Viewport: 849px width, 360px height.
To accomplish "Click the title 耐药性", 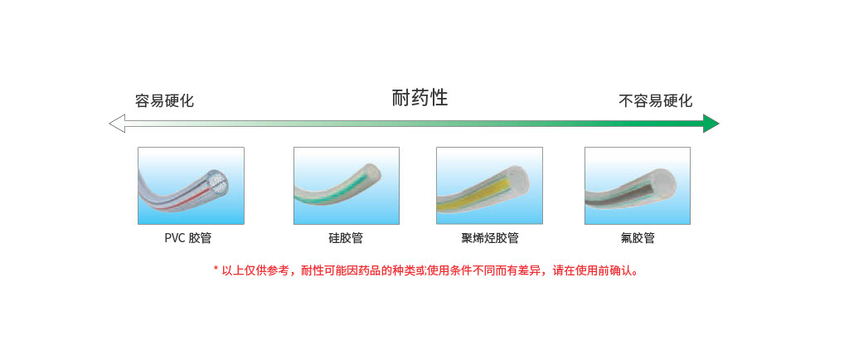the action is [x=420, y=99].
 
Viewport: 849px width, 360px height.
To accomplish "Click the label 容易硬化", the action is [x=165, y=101].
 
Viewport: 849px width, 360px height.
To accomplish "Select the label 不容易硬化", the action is [x=656, y=101].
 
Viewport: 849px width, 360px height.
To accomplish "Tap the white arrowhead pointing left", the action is [x=117, y=124].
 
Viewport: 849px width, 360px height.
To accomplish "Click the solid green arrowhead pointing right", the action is [x=711, y=124].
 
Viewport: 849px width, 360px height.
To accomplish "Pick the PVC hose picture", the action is [x=191, y=186].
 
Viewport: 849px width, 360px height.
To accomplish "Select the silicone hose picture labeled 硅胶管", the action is [x=347, y=186].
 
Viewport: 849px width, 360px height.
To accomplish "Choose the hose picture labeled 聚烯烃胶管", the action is [x=489, y=186].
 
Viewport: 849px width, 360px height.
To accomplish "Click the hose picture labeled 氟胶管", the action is [x=638, y=186].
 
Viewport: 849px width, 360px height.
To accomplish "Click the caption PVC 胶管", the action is [x=188, y=238].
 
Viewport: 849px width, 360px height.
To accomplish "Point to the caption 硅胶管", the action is [x=346, y=238].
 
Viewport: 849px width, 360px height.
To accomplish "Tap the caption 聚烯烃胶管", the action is [x=490, y=238].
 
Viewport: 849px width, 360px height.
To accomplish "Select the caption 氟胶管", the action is [x=638, y=238].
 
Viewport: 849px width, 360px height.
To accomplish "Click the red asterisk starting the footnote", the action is [x=216, y=269].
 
